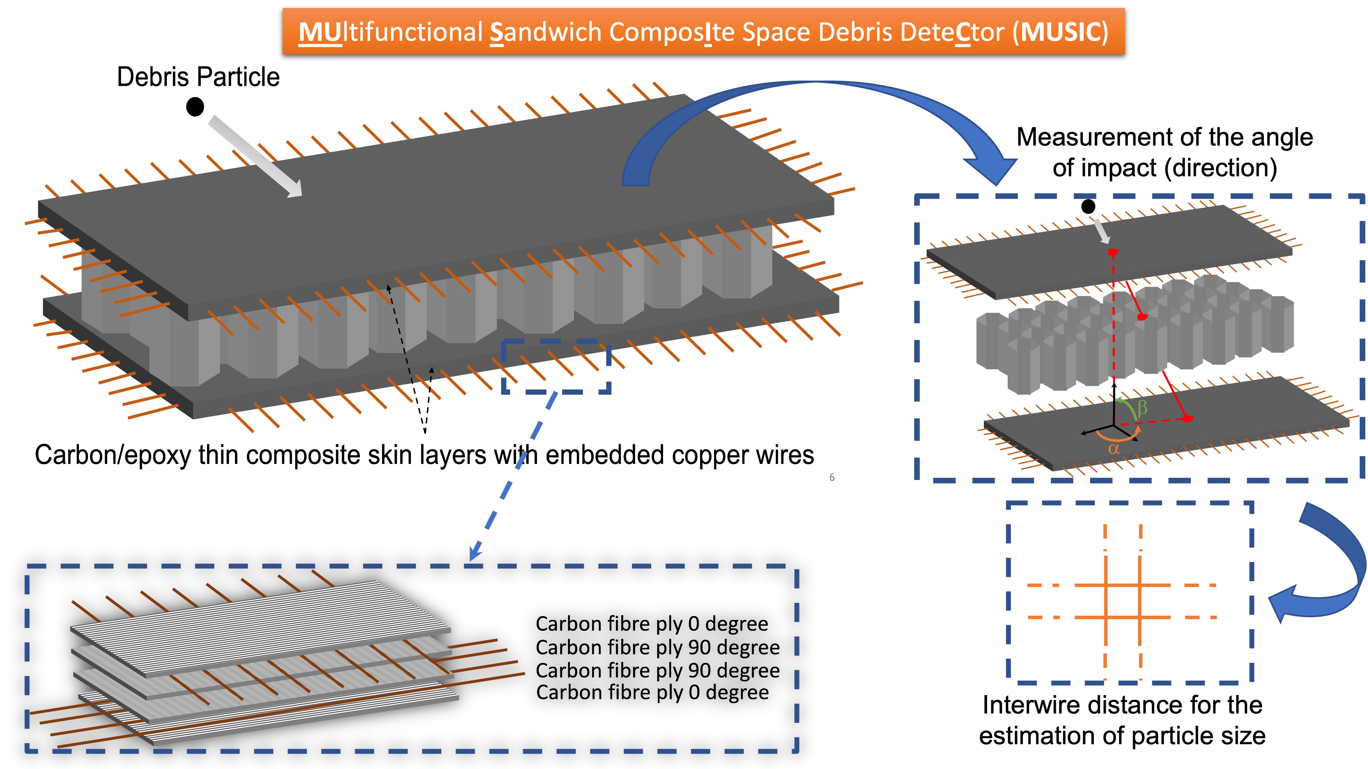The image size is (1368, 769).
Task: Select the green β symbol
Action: tap(1143, 407)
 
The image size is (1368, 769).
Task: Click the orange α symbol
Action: tap(1113, 449)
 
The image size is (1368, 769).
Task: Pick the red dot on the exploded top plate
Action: tap(1113, 252)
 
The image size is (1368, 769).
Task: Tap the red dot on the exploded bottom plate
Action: tap(1188, 419)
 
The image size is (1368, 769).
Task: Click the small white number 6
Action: tap(832, 477)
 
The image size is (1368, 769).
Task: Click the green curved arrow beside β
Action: tap(1127, 407)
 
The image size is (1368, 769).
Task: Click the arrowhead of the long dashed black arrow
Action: tap(389, 288)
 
